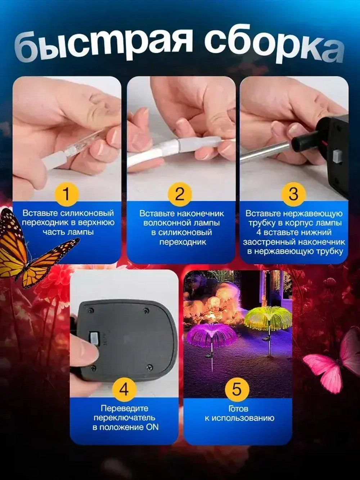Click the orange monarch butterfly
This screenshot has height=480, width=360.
coord(31,248)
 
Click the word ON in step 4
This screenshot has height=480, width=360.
coord(152,427)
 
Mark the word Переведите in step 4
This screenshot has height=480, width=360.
coord(124,408)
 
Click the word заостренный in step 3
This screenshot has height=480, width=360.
coord(269,242)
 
